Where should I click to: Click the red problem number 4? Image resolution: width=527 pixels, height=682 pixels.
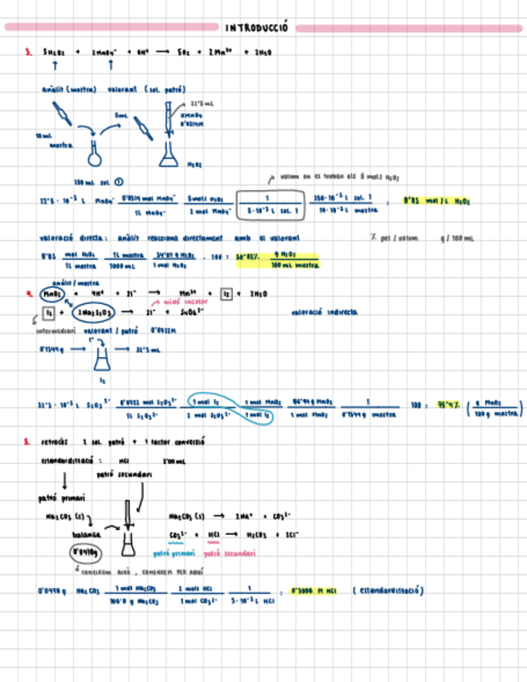point(28,294)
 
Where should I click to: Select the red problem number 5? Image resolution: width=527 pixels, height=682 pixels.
point(27,441)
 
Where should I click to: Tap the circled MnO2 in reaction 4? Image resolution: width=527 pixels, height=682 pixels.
point(51,294)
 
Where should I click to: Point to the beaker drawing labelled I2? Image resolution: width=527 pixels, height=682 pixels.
point(100,353)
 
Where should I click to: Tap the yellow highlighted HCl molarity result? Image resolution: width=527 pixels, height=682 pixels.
point(304,591)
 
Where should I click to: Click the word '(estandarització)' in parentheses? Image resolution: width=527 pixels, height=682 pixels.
point(388,591)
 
